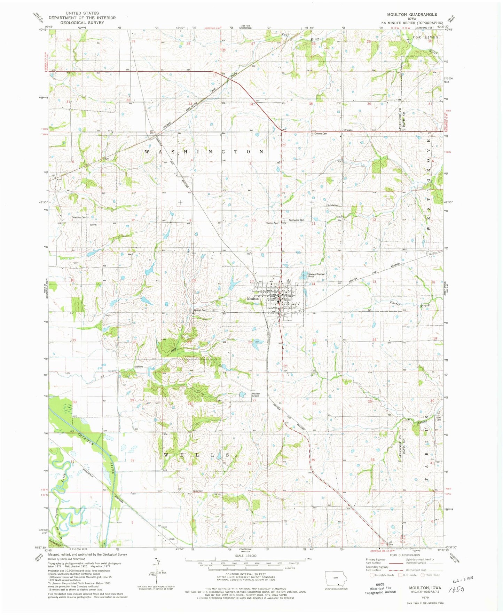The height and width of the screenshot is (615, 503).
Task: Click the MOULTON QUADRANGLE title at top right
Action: [x=412, y=14]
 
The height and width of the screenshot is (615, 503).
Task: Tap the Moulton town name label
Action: [x=253, y=299]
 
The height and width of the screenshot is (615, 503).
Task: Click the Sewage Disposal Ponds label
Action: [x=316, y=275]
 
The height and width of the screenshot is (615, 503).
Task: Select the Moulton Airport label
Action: [x=256, y=394]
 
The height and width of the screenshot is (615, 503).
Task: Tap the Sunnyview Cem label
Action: [x=297, y=220]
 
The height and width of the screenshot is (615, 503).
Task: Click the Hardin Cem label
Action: [x=272, y=223]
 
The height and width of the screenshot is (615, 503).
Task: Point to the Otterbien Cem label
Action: [x=79, y=217]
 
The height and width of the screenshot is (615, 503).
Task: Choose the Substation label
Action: [x=332, y=205]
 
